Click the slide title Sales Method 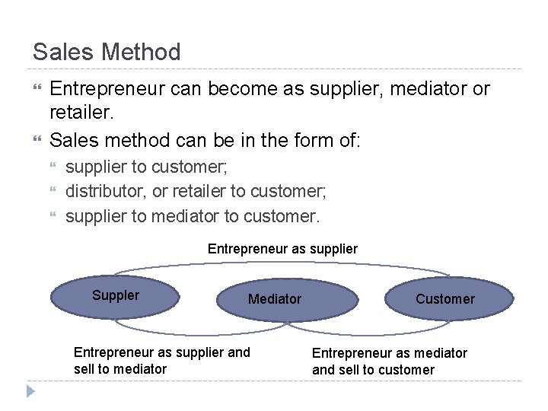pyautogui.click(x=107, y=52)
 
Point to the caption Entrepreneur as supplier pyautogui.click(x=282, y=249)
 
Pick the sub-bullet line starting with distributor pyautogui.click(x=196, y=191)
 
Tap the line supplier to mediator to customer pyautogui.click(x=193, y=215)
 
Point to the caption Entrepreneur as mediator pyautogui.click(x=390, y=352)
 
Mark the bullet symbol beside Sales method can pyautogui.click(x=37, y=140)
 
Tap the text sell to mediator pyautogui.click(x=120, y=369)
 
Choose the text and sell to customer pyautogui.click(x=373, y=370)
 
